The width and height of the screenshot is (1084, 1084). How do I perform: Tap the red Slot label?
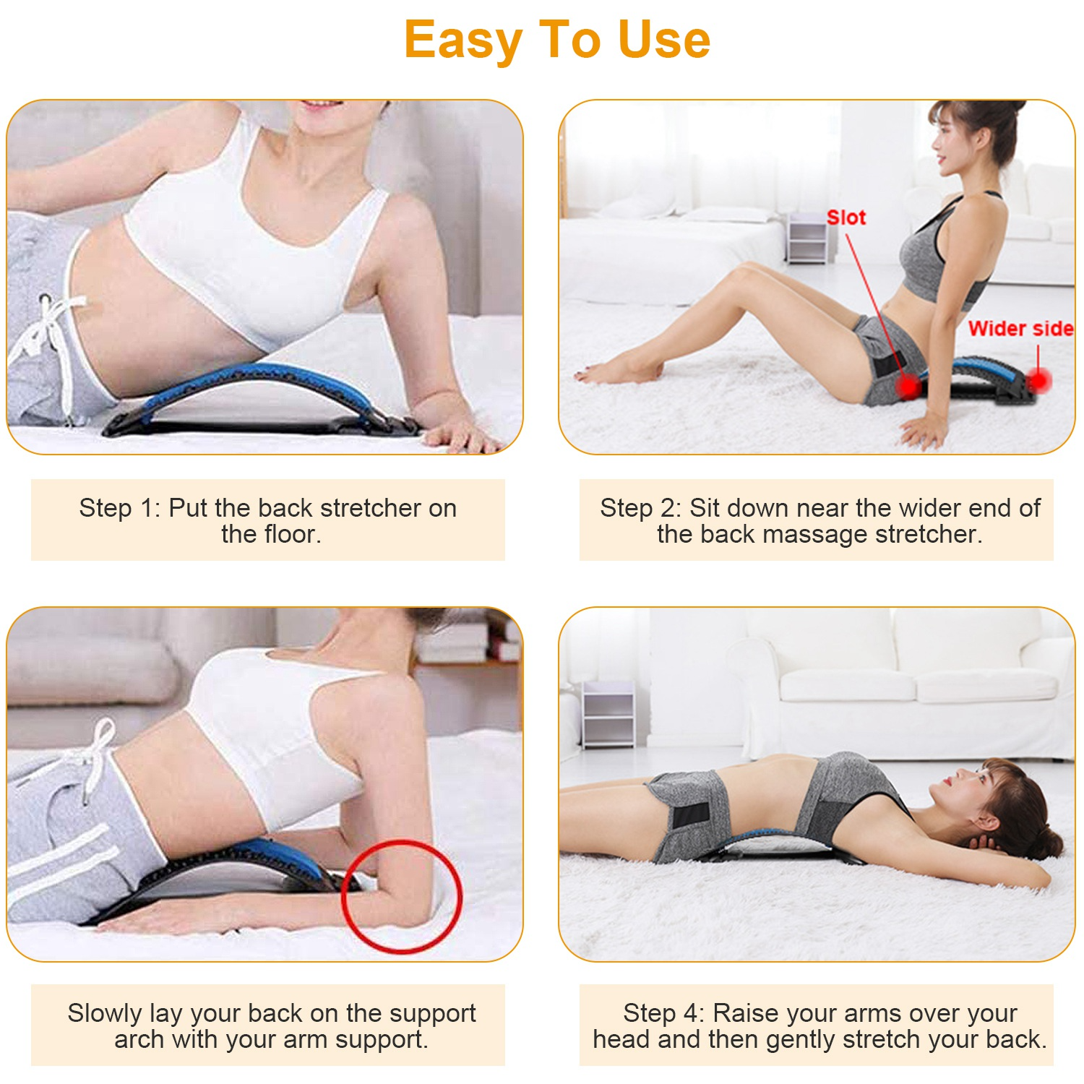846,218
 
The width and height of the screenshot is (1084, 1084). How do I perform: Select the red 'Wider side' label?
1020,329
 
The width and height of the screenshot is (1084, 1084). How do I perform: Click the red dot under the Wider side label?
1038,380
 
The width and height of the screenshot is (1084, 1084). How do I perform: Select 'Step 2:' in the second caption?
640,508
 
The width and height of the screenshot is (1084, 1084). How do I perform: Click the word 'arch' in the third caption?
138,1039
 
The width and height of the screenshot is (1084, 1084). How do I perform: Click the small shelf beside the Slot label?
806,238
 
